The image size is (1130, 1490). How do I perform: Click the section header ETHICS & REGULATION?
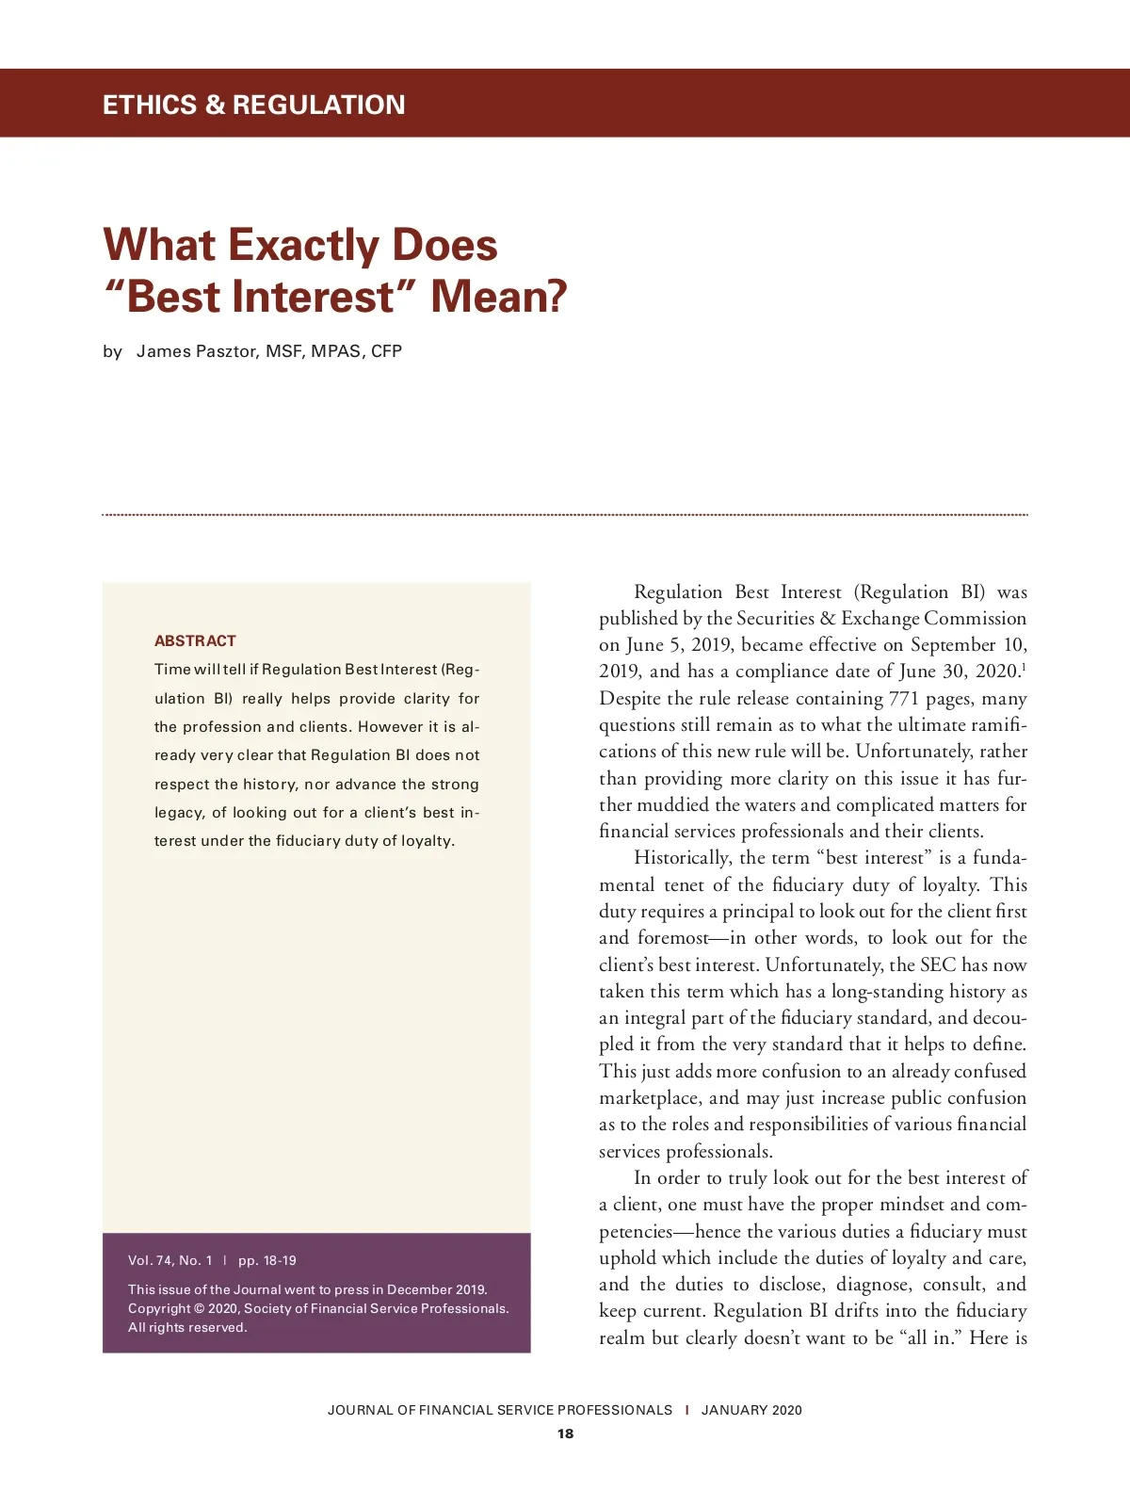[253, 105]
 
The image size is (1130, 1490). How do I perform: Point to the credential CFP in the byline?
[386, 351]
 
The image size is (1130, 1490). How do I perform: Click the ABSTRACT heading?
[195, 640]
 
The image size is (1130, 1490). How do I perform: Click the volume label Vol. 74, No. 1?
[170, 1260]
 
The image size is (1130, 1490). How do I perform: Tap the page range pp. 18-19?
[267, 1260]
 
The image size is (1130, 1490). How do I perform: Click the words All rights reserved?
[187, 1327]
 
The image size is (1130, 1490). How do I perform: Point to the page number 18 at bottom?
[565, 1433]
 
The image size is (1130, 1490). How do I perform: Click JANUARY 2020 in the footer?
[751, 1410]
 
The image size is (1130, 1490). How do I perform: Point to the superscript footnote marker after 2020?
[1024, 666]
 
